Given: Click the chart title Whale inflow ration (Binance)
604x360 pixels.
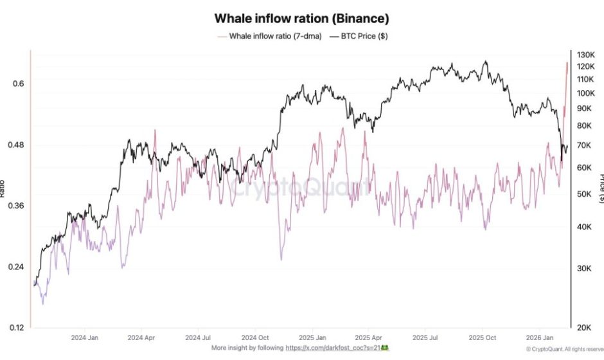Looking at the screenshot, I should tap(301, 19).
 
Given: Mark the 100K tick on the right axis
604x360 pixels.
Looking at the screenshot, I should tap(586, 94).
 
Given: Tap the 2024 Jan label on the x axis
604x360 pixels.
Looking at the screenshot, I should tap(84, 337).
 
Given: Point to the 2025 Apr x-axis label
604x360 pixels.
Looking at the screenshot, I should tap(369, 337).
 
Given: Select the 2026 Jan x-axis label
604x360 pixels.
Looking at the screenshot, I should tap(541, 337).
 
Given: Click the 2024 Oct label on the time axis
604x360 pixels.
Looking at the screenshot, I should tap(256, 337).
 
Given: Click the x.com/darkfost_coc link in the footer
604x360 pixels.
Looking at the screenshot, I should tap(335, 348).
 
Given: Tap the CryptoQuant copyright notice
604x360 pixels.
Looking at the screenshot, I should tap(563, 349).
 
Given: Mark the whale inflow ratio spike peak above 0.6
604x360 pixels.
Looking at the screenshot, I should tap(567, 62).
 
